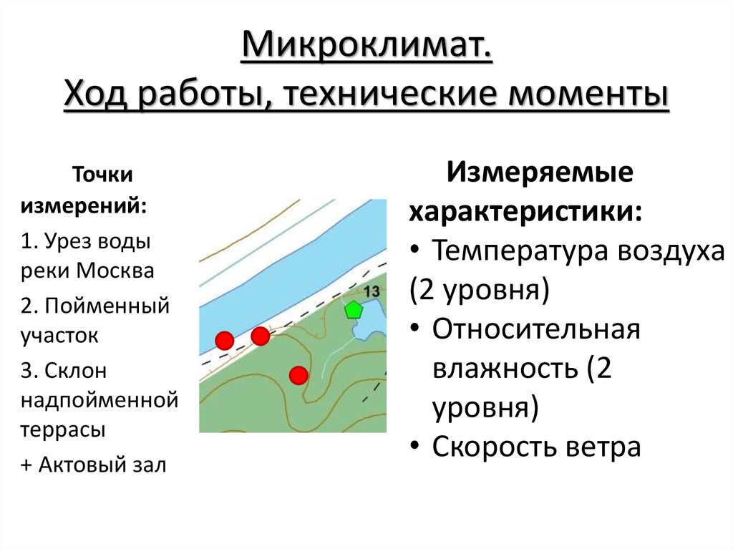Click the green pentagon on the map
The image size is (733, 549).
353,310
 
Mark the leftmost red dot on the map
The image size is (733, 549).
225,341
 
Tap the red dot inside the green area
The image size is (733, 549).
298,374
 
